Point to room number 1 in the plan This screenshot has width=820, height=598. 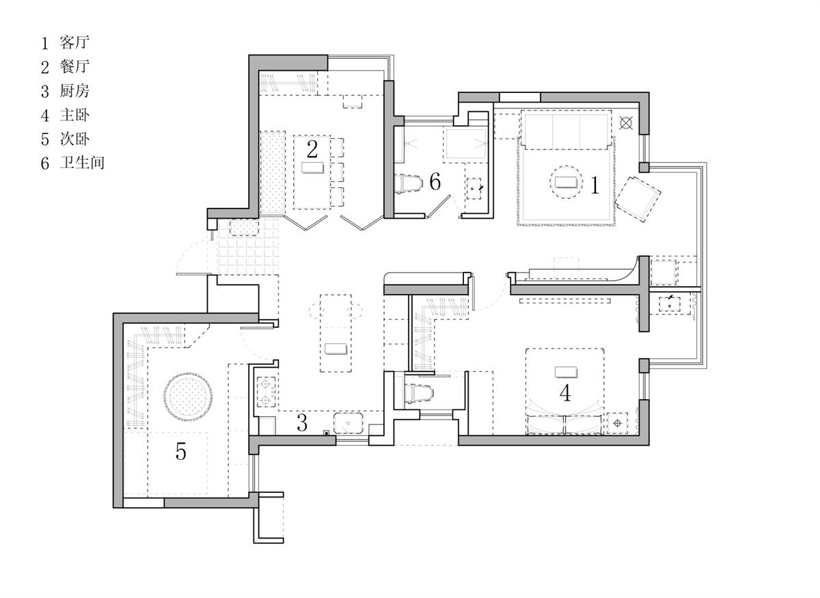595,185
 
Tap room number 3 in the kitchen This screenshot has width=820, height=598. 301,422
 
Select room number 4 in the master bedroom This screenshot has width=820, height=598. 565,393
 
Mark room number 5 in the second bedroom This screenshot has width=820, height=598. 181,451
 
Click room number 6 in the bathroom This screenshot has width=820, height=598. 435,181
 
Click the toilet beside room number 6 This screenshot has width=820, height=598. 408,183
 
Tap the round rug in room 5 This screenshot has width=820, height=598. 188,396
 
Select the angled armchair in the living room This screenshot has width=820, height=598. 638,199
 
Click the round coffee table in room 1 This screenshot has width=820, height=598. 566,182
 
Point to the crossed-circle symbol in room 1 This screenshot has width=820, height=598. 626,123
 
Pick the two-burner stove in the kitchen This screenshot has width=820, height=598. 266,392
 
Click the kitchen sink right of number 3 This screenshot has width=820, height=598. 348,423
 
